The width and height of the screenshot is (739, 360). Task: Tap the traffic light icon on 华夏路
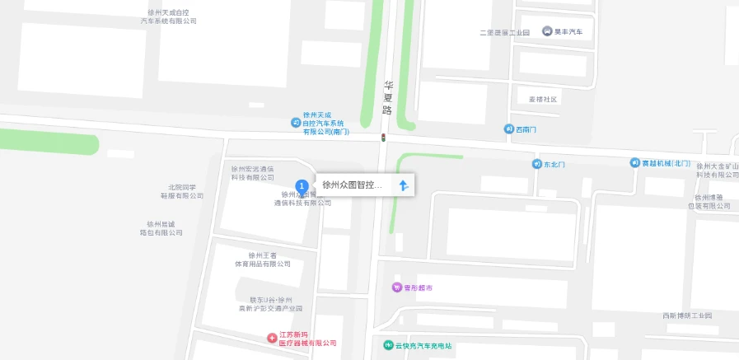[383, 137]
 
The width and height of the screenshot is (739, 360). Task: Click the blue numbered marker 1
[302, 186]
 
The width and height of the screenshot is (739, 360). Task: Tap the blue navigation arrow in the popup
[403, 185]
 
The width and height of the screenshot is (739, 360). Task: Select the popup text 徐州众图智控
[352, 185]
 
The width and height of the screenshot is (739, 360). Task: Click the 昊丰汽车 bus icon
[547, 31]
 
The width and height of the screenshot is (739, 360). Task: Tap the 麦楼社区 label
[543, 100]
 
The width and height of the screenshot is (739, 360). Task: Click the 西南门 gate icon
[509, 129]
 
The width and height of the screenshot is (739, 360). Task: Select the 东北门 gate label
[554, 165]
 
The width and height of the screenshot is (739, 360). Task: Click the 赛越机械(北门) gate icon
[635, 163]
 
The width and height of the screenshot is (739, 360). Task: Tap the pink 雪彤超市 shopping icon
[396, 288]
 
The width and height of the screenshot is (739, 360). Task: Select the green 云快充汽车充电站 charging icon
[388, 344]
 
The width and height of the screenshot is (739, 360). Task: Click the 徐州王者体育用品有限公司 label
[258, 260]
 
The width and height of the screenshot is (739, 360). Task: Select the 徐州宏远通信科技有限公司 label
[253, 173]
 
